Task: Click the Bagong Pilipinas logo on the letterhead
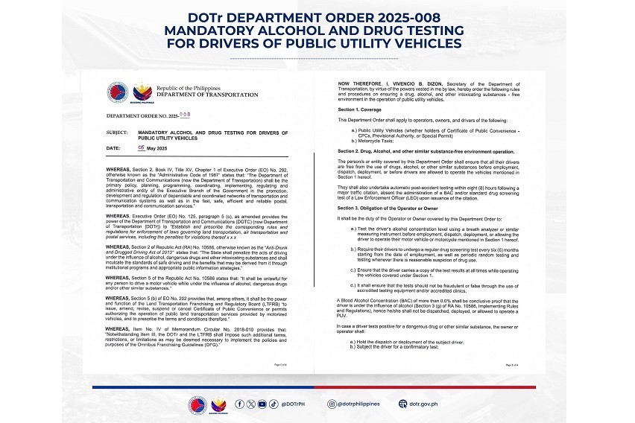[x=142, y=93]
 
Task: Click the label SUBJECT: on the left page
[x=117, y=132]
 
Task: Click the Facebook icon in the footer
[x=239, y=404]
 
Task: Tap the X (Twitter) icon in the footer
[x=250, y=404]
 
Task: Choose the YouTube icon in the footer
[x=262, y=404]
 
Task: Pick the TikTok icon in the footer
[x=273, y=404]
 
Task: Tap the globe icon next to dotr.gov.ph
[x=402, y=404]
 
